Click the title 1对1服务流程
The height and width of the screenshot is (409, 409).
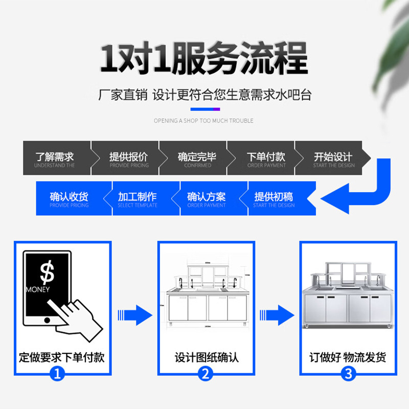(x=204, y=60)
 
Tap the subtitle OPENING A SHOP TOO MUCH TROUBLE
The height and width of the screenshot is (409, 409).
(x=204, y=121)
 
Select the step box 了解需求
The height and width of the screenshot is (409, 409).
(x=55, y=158)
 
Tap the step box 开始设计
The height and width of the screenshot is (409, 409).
(x=333, y=158)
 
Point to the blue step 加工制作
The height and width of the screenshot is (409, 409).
(x=138, y=198)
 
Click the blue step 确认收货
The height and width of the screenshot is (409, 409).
(x=69, y=198)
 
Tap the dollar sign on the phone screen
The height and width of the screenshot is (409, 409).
(x=47, y=273)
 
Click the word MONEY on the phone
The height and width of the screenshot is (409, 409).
(x=38, y=290)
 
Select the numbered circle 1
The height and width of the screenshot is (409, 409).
(x=58, y=374)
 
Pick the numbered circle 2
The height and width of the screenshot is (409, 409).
(x=206, y=374)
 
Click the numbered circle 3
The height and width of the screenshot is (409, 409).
(x=349, y=374)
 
